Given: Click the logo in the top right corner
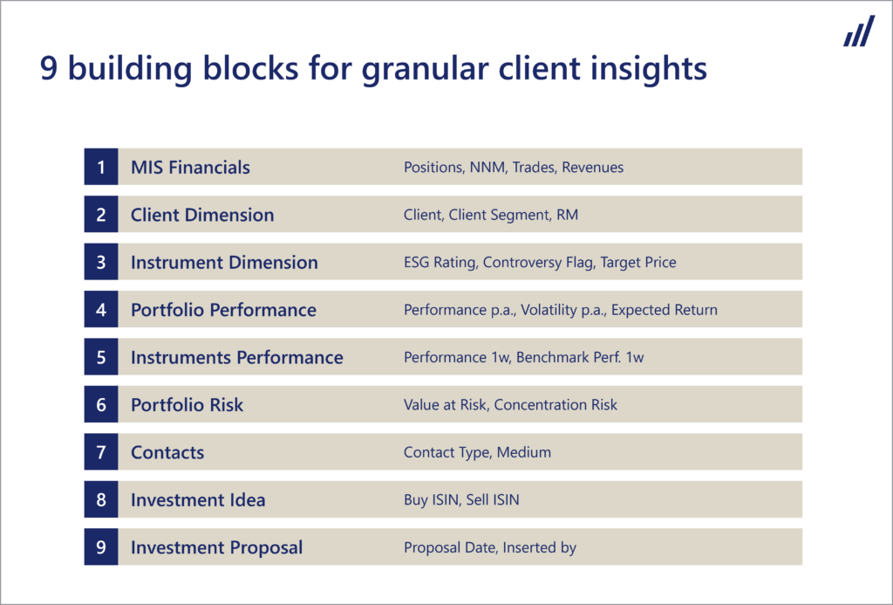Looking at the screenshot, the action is coord(859,31).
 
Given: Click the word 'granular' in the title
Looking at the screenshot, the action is coord(425,70).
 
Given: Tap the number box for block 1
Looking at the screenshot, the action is coord(101,167).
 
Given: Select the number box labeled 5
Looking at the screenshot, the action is coord(101,357).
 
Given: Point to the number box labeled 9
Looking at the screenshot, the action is coord(101,547).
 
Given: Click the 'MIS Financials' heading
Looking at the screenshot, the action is coord(190,167).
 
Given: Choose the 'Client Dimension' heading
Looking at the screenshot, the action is coord(202,215).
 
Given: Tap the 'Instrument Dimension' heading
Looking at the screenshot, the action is coord(224,262).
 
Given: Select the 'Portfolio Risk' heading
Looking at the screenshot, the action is coord(187,405).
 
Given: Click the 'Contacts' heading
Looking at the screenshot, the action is coord(167,452).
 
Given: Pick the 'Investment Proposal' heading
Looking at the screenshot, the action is coord(216,547).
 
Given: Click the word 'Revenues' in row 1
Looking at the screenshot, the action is coord(593,167).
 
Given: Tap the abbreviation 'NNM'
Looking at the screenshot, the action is coord(487,167).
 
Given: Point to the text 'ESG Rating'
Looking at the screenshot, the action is coord(440,262).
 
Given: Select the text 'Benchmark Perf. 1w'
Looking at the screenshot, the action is coord(580,358).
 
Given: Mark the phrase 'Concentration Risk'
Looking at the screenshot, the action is coord(556,405).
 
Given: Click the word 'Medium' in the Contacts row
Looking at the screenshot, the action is coord(524,452).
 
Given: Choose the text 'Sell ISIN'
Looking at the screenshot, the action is coord(493,500).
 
